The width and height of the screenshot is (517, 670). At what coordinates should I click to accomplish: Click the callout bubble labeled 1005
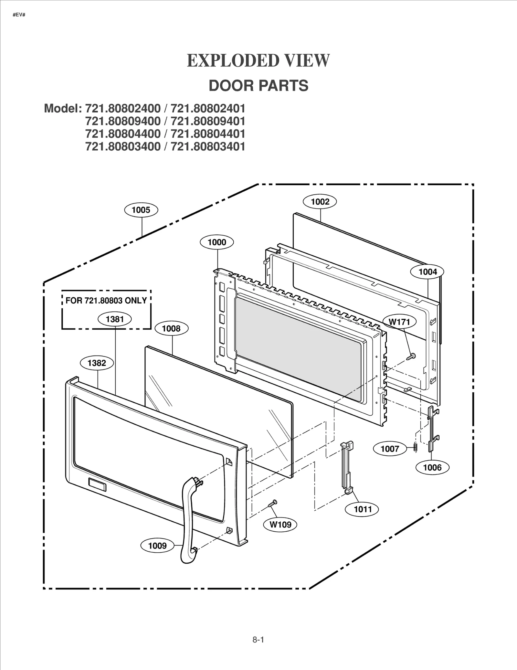(141, 210)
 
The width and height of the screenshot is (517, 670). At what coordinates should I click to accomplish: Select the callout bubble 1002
(320, 202)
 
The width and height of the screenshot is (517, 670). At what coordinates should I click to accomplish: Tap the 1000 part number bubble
(217, 242)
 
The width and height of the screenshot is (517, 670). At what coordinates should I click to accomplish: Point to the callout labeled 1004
(427, 272)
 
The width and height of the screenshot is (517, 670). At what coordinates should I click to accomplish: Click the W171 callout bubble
(399, 322)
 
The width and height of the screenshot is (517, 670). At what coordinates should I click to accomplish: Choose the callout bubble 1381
(115, 319)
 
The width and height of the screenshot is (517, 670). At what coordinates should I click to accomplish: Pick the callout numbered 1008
(171, 329)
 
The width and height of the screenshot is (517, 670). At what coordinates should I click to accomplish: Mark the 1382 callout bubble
(97, 363)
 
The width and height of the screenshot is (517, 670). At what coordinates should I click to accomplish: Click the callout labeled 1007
(390, 449)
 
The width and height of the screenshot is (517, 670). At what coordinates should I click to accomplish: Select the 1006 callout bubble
(432, 467)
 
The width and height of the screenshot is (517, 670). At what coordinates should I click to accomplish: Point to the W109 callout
(280, 525)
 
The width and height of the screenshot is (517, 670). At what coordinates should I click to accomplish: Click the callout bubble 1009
(157, 546)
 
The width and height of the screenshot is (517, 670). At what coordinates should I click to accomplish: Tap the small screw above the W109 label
(273, 503)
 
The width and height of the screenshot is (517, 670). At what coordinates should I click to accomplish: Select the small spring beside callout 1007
(416, 447)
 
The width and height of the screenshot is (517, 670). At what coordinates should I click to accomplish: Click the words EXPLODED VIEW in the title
(258, 60)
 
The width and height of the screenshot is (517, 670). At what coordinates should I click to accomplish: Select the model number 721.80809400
(123, 121)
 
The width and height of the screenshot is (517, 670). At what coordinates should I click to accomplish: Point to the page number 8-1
(258, 640)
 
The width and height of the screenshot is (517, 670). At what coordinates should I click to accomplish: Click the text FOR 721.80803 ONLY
(106, 301)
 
